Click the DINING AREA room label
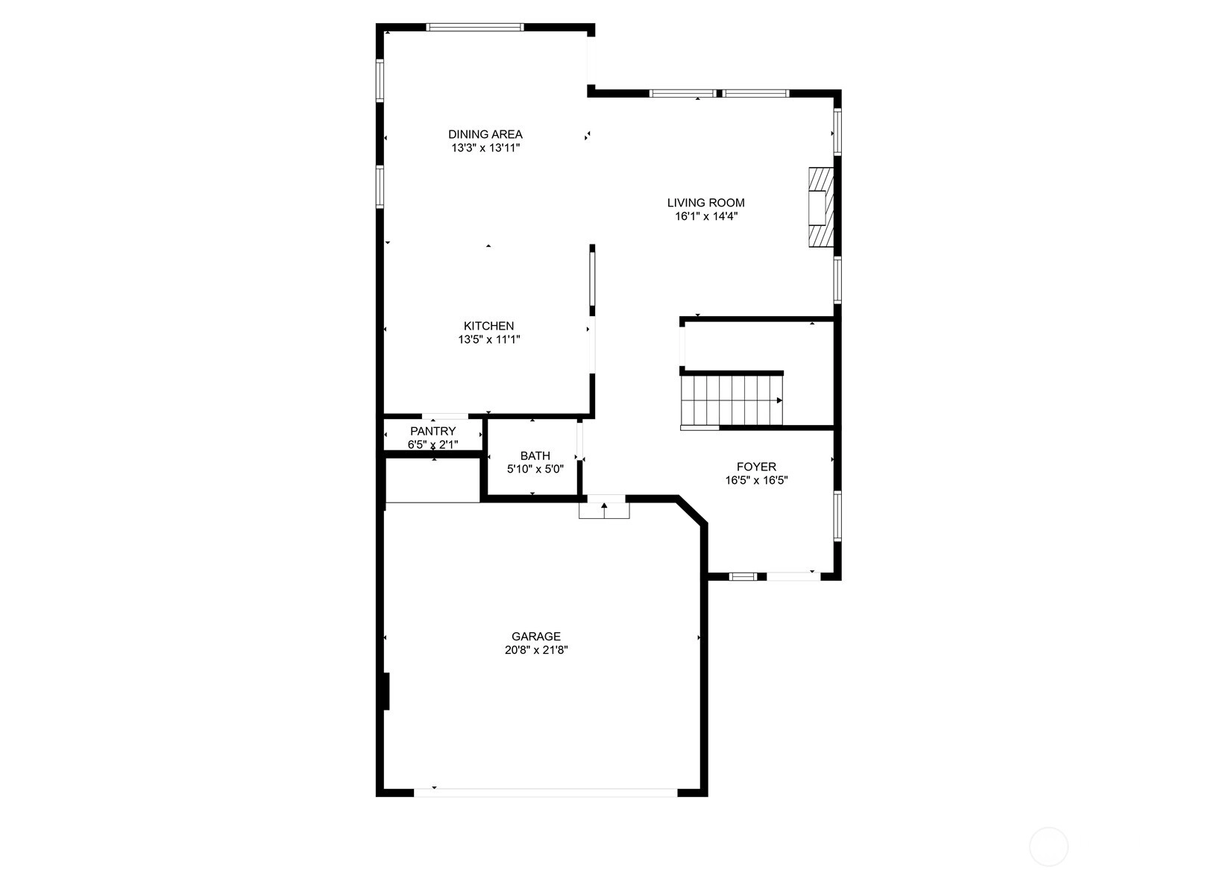pos(485,134)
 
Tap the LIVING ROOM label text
pos(705,203)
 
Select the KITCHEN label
pos(488,326)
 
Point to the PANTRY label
pos(433,431)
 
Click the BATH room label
pos(535,456)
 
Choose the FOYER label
pos(756,467)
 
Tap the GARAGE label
pos(535,636)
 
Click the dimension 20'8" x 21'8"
pos(536,650)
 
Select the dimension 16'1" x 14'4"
pos(706,217)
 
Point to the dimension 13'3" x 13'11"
pos(485,148)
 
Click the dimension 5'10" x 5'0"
pos(535,469)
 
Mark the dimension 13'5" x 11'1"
pos(489,339)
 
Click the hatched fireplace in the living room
pos(820,207)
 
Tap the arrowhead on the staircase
pos(780,400)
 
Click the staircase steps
pos(732,400)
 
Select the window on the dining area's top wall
pos(475,27)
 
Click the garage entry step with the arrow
pos(604,511)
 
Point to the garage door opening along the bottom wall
pos(546,793)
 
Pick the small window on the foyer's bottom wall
pos(743,576)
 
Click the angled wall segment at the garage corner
pos(691,511)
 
